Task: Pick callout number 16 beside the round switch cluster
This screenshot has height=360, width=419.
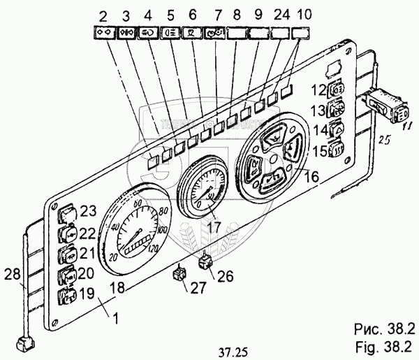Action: (312, 178)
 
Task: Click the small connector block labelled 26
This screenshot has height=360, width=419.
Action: (206, 262)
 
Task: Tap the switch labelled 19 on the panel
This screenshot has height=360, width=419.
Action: (66, 296)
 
